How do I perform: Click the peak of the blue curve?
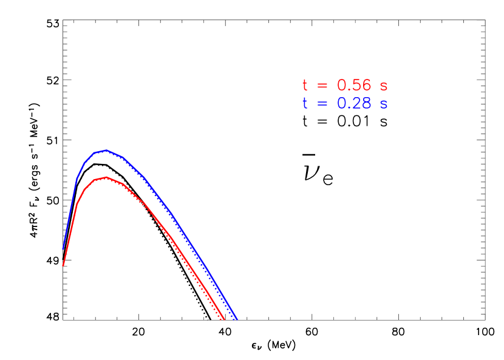pos(106,150)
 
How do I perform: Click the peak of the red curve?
pos(106,177)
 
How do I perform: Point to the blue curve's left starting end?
pos(63,249)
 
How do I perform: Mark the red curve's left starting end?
pos(63,265)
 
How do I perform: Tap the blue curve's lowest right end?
pos(237,319)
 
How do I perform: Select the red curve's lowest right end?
pos(224,319)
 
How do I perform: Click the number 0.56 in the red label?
pos(354,86)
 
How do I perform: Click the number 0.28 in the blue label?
pos(354,104)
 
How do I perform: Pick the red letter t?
pos(305,86)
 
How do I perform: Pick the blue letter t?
pos(305,104)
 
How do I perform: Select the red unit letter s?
pos(384,86)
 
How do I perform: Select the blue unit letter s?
pos(384,104)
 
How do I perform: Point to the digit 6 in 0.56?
pos(366,86)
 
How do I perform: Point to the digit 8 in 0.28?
pos(366,104)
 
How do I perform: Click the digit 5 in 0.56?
pos(356,86)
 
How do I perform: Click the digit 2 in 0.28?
pos(356,104)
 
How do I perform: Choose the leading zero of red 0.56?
pos(342,86)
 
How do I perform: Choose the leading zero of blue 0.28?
pos(342,104)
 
